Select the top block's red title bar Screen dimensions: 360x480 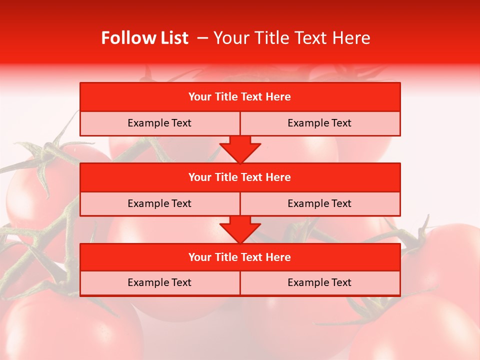coord(240,97)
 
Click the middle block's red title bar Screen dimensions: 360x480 coord(240,177)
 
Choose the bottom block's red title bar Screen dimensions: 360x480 coord(240,257)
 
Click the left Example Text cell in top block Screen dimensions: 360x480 coord(159,123)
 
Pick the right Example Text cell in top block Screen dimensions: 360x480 coord(319,123)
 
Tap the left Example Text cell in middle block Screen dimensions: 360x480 coord(159,203)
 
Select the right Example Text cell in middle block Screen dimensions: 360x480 coord(319,203)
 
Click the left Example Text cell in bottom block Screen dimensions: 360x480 coord(159,282)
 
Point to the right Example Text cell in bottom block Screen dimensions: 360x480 coord(319,282)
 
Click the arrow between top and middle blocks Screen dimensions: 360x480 coord(240,149)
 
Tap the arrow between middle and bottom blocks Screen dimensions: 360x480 coord(240,229)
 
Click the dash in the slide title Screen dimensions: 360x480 coord(202,38)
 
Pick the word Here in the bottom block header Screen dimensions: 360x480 coord(278,257)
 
